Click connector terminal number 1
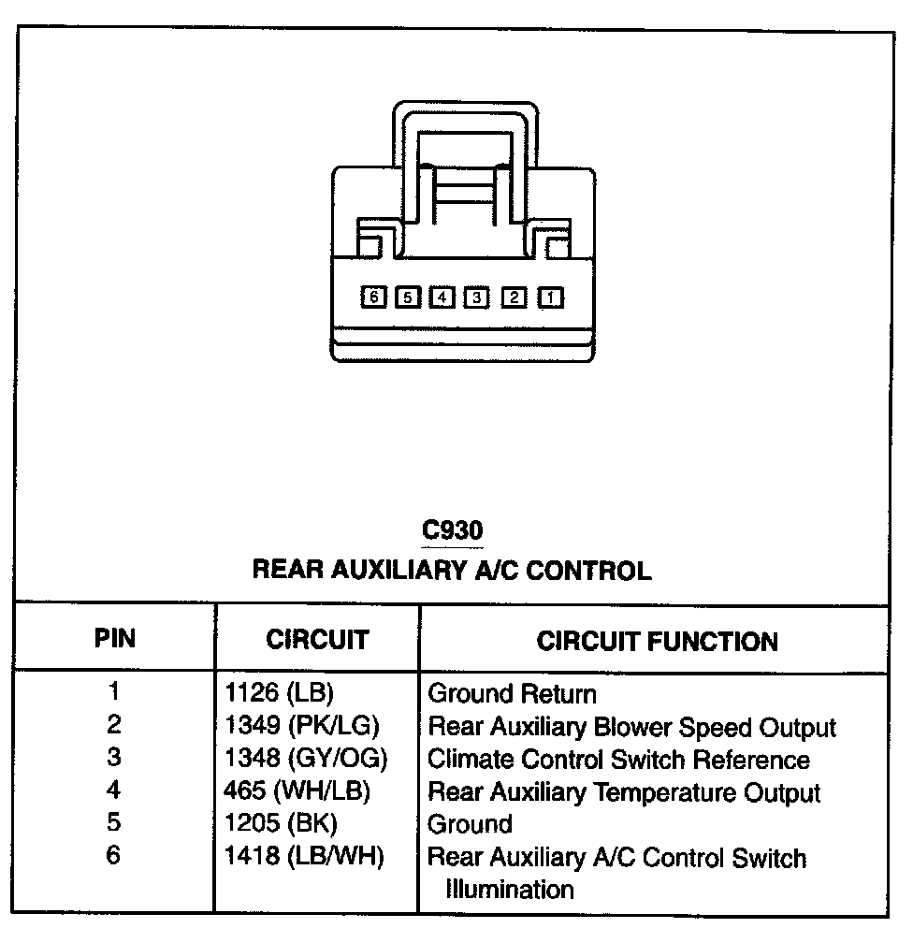(552, 297)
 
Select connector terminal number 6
(373, 297)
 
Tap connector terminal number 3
(477, 297)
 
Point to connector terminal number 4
(442, 297)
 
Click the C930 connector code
(453, 530)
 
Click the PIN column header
(114, 639)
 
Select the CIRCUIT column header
(317, 640)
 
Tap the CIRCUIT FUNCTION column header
(657, 641)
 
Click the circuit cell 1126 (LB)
(279, 694)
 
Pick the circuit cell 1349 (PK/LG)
(302, 726)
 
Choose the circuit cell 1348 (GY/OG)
(305, 759)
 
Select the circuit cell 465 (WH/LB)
(297, 791)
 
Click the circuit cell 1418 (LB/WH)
(304, 857)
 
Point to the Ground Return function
(511, 694)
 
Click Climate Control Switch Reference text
(618, 760)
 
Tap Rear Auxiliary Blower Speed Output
(631, 727)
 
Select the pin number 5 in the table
(113, 824)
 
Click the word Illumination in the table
(510, 889)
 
